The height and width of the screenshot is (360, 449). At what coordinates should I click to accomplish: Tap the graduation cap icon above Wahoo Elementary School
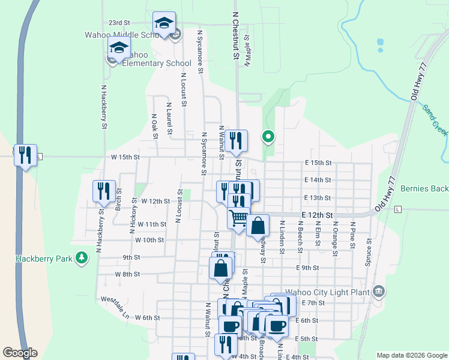pos(119,47)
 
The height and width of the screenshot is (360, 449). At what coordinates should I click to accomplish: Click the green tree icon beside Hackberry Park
pos(81,259)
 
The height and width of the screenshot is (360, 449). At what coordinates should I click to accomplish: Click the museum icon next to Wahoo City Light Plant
pos(378,292)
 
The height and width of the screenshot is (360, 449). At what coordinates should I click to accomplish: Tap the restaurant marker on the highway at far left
pos(25,155)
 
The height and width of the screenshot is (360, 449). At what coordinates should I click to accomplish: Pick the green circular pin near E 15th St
pos(268,137)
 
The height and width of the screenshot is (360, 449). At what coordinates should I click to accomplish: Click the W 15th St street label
pos(125,157)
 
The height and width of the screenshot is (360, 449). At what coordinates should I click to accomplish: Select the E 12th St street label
pos(317,214)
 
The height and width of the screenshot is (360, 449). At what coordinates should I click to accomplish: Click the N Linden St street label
pos(282,234)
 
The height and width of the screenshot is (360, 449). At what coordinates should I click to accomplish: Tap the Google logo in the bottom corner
pos(20,353)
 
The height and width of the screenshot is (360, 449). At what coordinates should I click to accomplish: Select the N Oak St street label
pos(154,126)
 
